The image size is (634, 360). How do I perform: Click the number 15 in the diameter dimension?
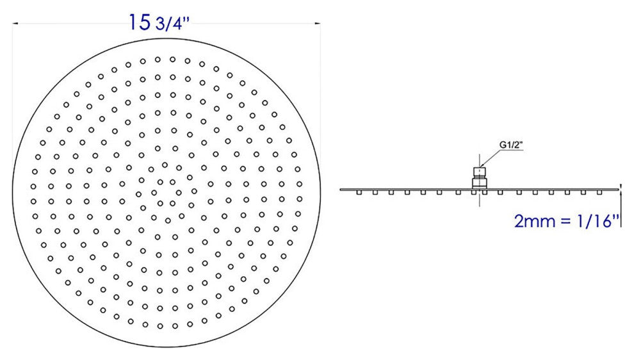(x=140, y=22)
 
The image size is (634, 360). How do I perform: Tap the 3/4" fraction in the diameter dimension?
(x=172, y=24)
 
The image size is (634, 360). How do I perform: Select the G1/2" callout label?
(x=511, y=145)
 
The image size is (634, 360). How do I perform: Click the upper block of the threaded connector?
(x=480, y=172)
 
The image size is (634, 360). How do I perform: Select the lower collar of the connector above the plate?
(x=480, y=183)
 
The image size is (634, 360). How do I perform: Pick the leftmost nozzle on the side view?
(x=359, y=193)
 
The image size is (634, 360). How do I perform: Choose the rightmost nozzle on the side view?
(x=599, y=193)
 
